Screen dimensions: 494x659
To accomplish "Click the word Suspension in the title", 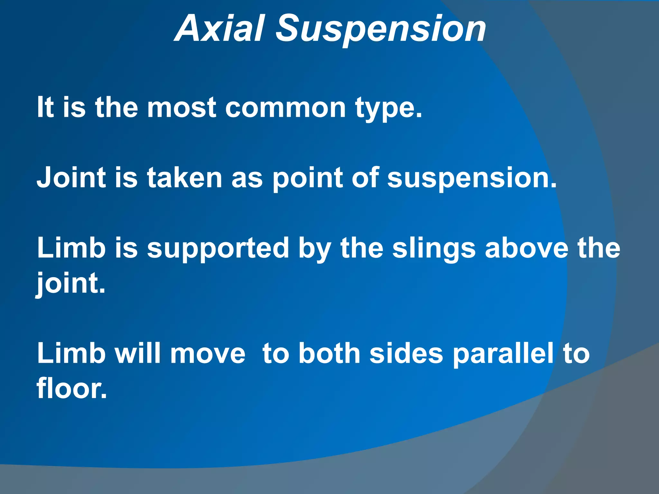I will [381, 30].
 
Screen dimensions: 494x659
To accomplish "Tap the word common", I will [285, 107].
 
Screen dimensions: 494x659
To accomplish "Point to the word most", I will [181, 107].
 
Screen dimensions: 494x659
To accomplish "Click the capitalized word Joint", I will [71, 178].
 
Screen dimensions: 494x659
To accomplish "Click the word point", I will [308, 178].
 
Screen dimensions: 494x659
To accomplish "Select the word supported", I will [218, 248].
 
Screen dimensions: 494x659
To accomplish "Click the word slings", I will [434, 249].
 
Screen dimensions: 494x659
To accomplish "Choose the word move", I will [208, 353].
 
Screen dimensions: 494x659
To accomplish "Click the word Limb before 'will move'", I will [71, 353].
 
